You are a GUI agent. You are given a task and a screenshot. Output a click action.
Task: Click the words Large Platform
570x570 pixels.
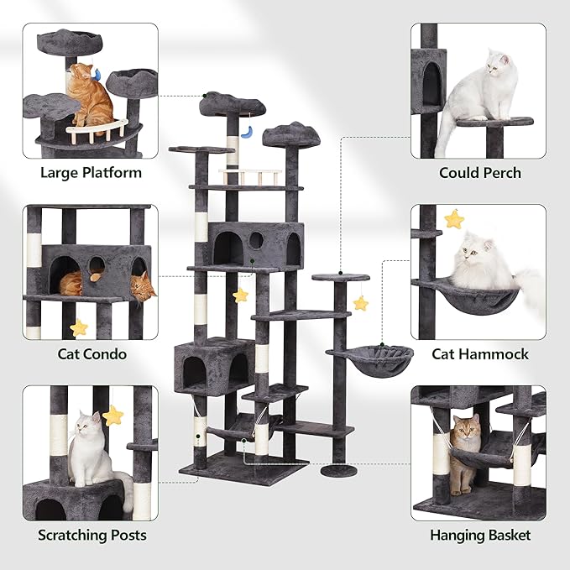(x=91, y=173)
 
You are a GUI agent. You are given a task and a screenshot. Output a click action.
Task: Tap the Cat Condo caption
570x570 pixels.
(x=92, y=353)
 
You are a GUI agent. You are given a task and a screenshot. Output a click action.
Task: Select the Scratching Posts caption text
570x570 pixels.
(x=92, y=535)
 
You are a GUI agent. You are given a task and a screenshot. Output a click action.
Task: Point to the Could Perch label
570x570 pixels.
(x=479, y=173)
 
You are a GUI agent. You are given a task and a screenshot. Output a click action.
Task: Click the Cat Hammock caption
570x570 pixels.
(x=479, y=353)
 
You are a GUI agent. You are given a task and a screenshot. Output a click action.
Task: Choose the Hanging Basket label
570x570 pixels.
(x=479, y=535)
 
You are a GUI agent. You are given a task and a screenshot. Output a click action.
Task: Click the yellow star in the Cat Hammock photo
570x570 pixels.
(x=454, y=220)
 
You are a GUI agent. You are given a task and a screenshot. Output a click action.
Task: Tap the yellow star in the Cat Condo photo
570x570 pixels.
(x=79, y=327)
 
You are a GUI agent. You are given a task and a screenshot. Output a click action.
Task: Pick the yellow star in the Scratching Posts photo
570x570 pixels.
(x=112, y=416)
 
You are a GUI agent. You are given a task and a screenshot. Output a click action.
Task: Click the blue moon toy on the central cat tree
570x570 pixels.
(x=247, y=131)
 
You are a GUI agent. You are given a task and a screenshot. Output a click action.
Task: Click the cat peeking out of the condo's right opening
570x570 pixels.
(x=144, y=288)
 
